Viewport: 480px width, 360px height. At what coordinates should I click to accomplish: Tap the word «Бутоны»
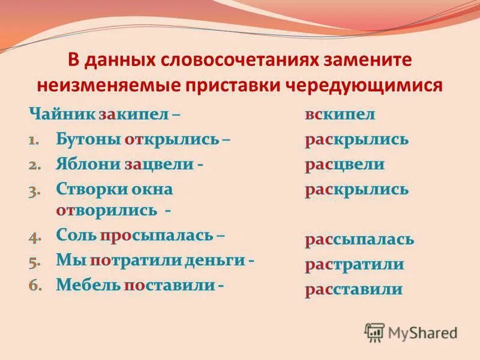tap(88, 140)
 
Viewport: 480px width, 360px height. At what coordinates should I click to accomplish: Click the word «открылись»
tap(171, 140)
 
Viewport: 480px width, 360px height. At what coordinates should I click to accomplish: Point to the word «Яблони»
tap(88, 164)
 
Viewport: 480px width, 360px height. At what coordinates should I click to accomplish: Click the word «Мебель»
tap(88, 285)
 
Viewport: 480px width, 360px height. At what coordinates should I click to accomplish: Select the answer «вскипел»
tap(340, 115)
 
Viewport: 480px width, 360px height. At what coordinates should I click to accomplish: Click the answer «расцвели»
tap(344, 164)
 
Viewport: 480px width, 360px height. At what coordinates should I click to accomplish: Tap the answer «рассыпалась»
tap(359, 240)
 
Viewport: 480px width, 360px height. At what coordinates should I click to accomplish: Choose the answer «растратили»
tap(354, 265)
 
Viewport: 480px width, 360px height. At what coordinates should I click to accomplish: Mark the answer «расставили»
tap(353, 289)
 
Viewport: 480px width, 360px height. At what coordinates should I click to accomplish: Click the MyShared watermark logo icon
tap(374, 332)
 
